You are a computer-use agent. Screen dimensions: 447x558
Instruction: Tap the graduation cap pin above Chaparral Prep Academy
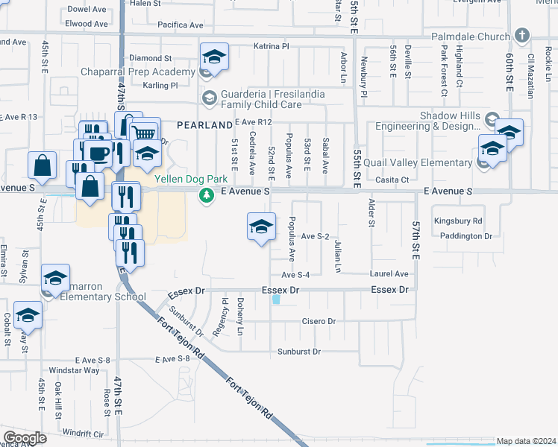click(213, 57)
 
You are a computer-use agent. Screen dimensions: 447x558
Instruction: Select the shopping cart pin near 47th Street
click(145, 133)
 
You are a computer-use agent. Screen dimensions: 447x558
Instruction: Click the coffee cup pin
click(98, 153)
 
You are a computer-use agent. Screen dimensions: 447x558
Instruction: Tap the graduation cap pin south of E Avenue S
click(261, 226)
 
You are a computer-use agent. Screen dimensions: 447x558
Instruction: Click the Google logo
click(25, 438)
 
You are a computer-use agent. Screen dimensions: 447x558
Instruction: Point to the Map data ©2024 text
click(526, 441)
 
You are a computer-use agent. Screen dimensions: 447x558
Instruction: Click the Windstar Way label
click(74, 370)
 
